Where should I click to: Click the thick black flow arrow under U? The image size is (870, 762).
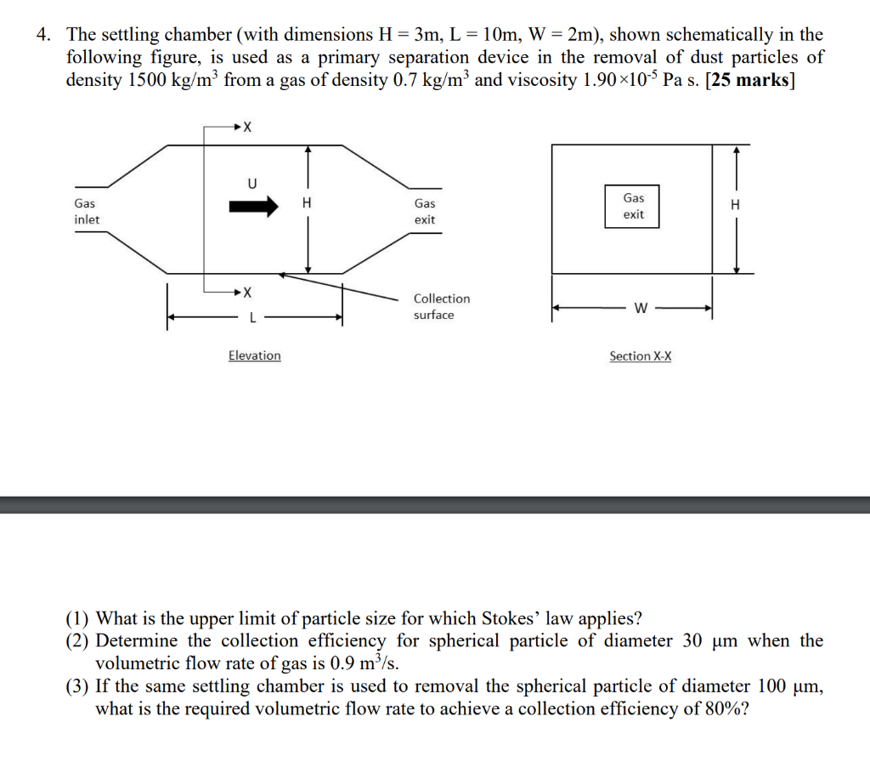tap(253, 205)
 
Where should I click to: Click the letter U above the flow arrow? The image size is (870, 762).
tap(251, 182)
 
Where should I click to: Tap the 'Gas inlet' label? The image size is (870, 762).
tap(86, 212)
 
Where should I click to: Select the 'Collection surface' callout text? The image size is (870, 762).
tap(441, 306)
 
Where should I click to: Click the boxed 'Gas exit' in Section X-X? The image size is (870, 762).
tap(634, 206)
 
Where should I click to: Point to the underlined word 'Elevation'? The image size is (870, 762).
tap(254, 355)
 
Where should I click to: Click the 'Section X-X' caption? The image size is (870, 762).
tap(640, 356)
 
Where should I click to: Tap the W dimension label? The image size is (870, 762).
tap(640, 309)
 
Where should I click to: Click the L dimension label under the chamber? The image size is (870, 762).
tap(251, 319)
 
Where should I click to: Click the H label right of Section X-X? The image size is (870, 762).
tap(735, 205)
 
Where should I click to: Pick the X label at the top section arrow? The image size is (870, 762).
tap(247, 128)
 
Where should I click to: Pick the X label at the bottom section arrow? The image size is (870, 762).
tap(247, 293)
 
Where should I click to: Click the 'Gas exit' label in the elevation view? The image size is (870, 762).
tap(425, 212)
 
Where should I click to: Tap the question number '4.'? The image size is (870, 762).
tap(44, 35)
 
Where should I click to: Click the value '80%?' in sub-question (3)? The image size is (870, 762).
tap(726, 708)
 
